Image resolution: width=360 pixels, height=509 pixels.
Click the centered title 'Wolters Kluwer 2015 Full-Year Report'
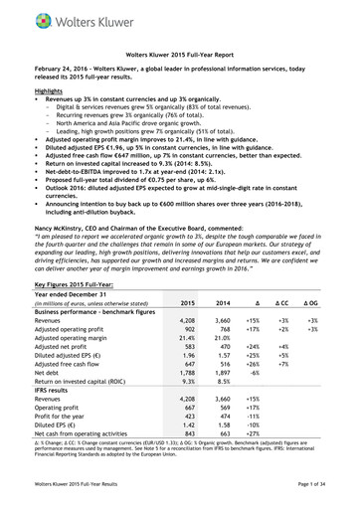click(179, 54)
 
